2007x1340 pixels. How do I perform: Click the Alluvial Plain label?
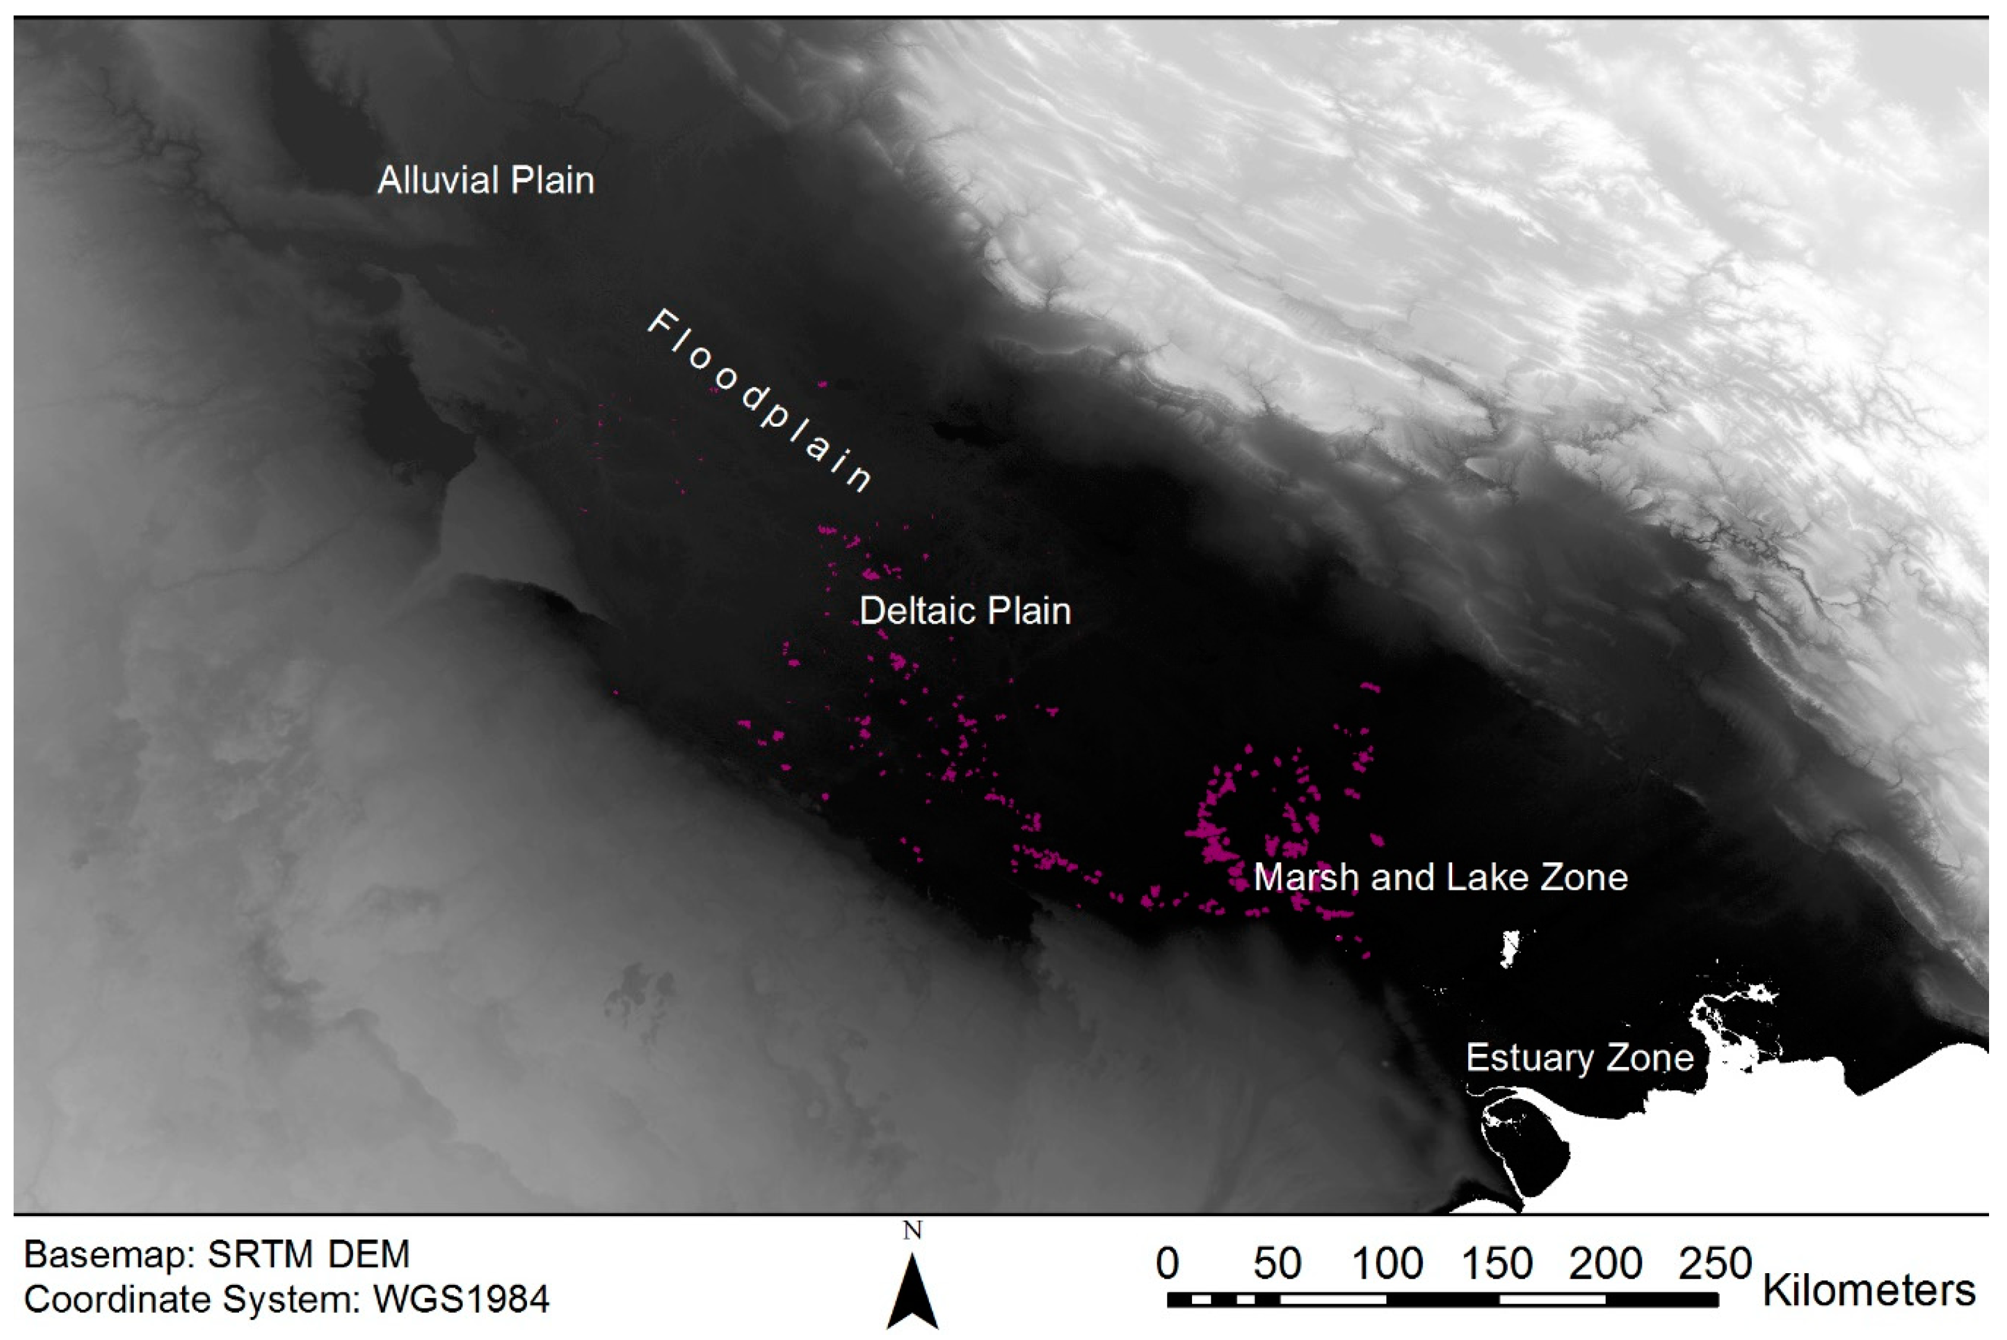[485, 180]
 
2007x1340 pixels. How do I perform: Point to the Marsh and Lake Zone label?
[1440, 877]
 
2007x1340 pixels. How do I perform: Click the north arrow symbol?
[913, 1291]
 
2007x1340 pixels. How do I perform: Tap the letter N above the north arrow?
[913, 1230]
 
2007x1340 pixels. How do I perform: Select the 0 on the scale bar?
[1167, 1263]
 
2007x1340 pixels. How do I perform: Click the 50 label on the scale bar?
[1278, 1263]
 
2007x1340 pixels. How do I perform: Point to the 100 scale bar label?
[1387, 1263]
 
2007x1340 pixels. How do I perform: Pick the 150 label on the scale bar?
[1497, 1263]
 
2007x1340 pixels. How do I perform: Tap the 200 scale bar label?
[1606, 1263]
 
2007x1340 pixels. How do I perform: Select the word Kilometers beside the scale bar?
[1870, 1290]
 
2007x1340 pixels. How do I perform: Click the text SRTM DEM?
[308, 1255]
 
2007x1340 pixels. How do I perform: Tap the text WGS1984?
[461, 1299]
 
